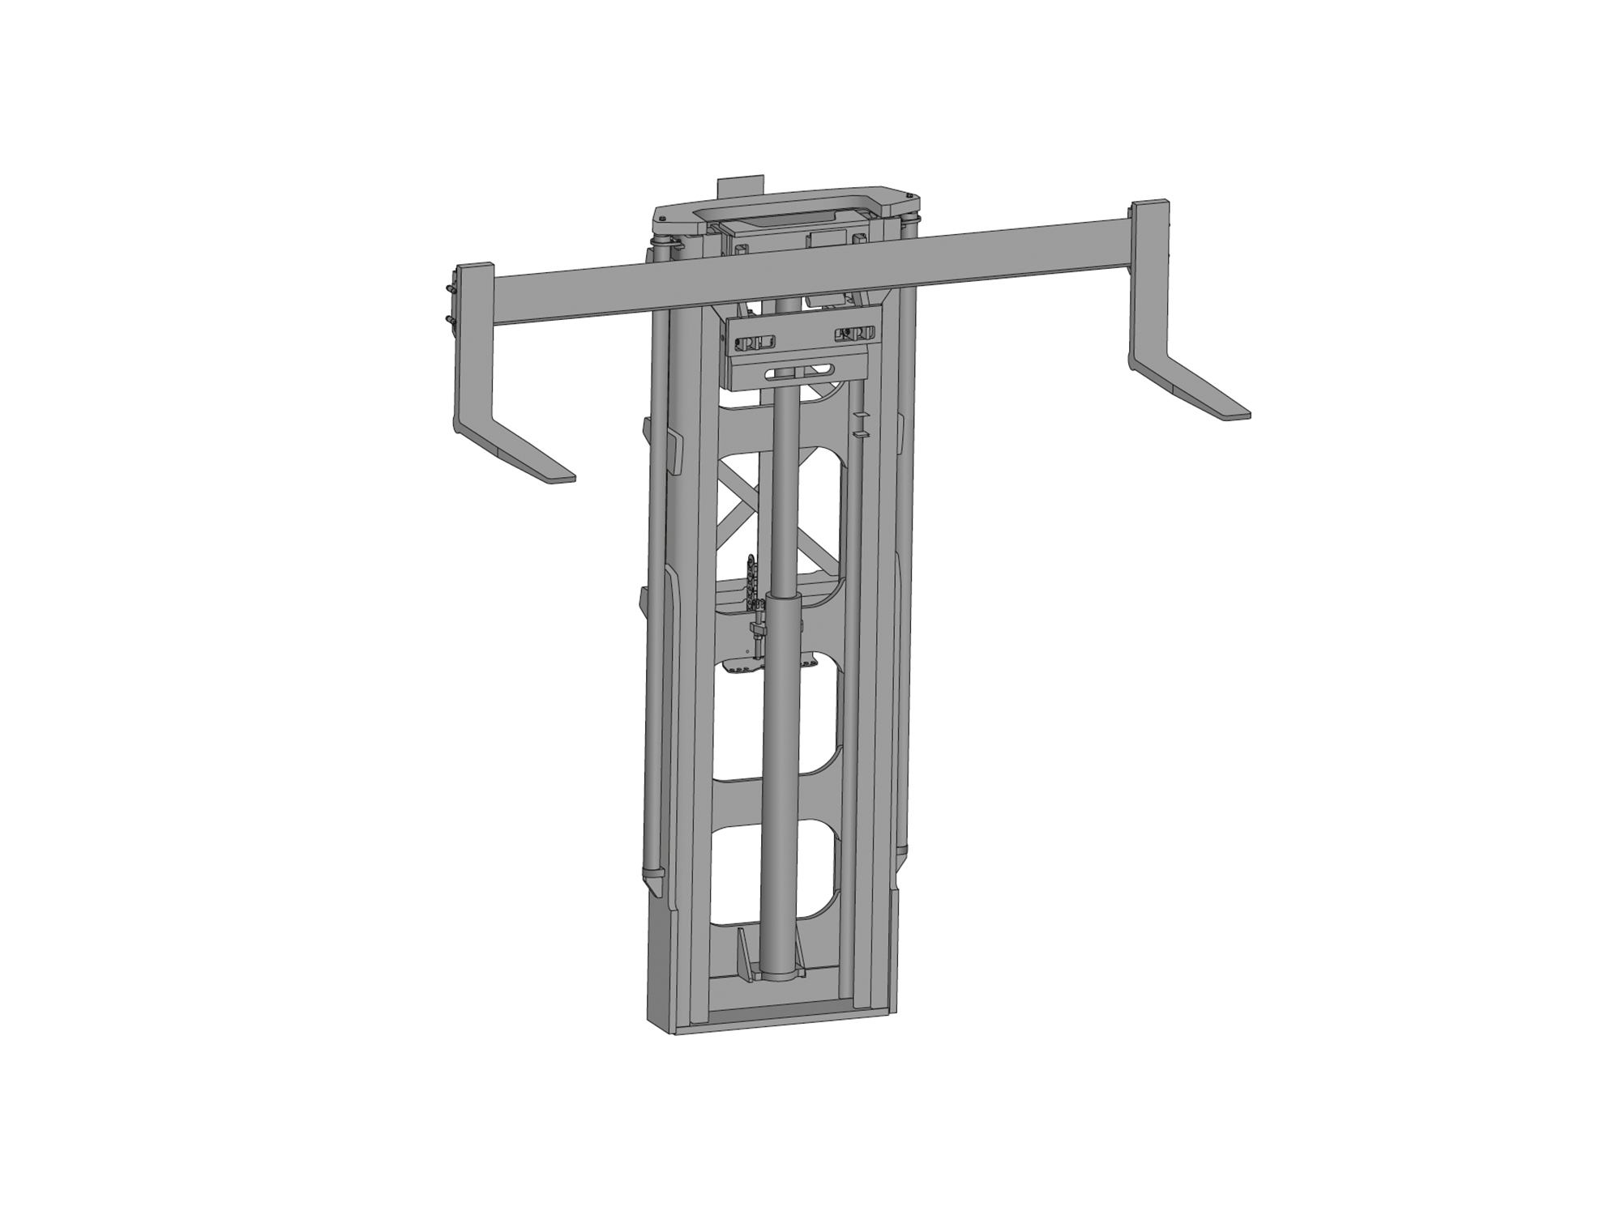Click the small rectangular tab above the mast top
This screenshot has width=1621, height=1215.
pyautogui.click(x=740, y=186)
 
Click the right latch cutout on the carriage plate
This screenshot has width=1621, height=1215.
pyautogui.click(x=856, y=332)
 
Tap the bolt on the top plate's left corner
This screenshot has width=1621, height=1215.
pyautogui.click(x=662, y=219)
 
